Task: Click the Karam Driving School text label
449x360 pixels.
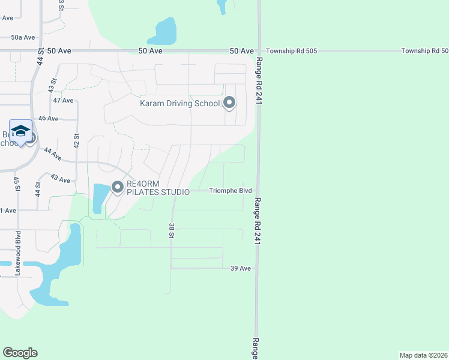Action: [x=180, y=103]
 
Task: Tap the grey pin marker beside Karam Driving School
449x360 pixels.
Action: [x=229, y=103]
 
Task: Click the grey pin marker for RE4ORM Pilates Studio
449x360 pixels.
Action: [x=117, y=188]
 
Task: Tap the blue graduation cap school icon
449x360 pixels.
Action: [x=20, y=132]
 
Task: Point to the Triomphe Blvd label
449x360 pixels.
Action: [x=230, y=191]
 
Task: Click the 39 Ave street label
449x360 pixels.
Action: [x=240, y=268]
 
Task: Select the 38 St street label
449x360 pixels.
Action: [x=172, y=231]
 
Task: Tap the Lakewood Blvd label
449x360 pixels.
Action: [x=18, y=253]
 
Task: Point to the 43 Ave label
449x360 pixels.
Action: [x=60, y=179]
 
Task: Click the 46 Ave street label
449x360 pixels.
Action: [x=48, y=119]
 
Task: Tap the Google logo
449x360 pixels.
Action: [x=20, y=352]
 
